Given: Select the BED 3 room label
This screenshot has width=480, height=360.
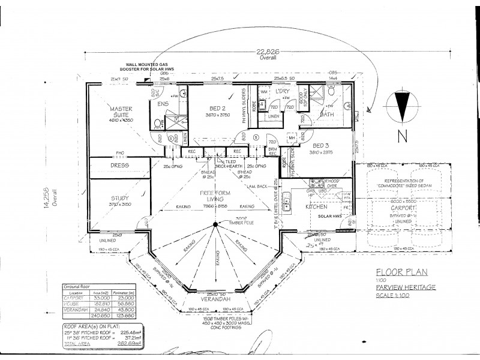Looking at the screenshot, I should tap(321, 145).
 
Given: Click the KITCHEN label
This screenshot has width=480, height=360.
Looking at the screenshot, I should tap(316, 206).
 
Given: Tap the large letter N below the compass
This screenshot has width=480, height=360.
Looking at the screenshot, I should tap(403, 136).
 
